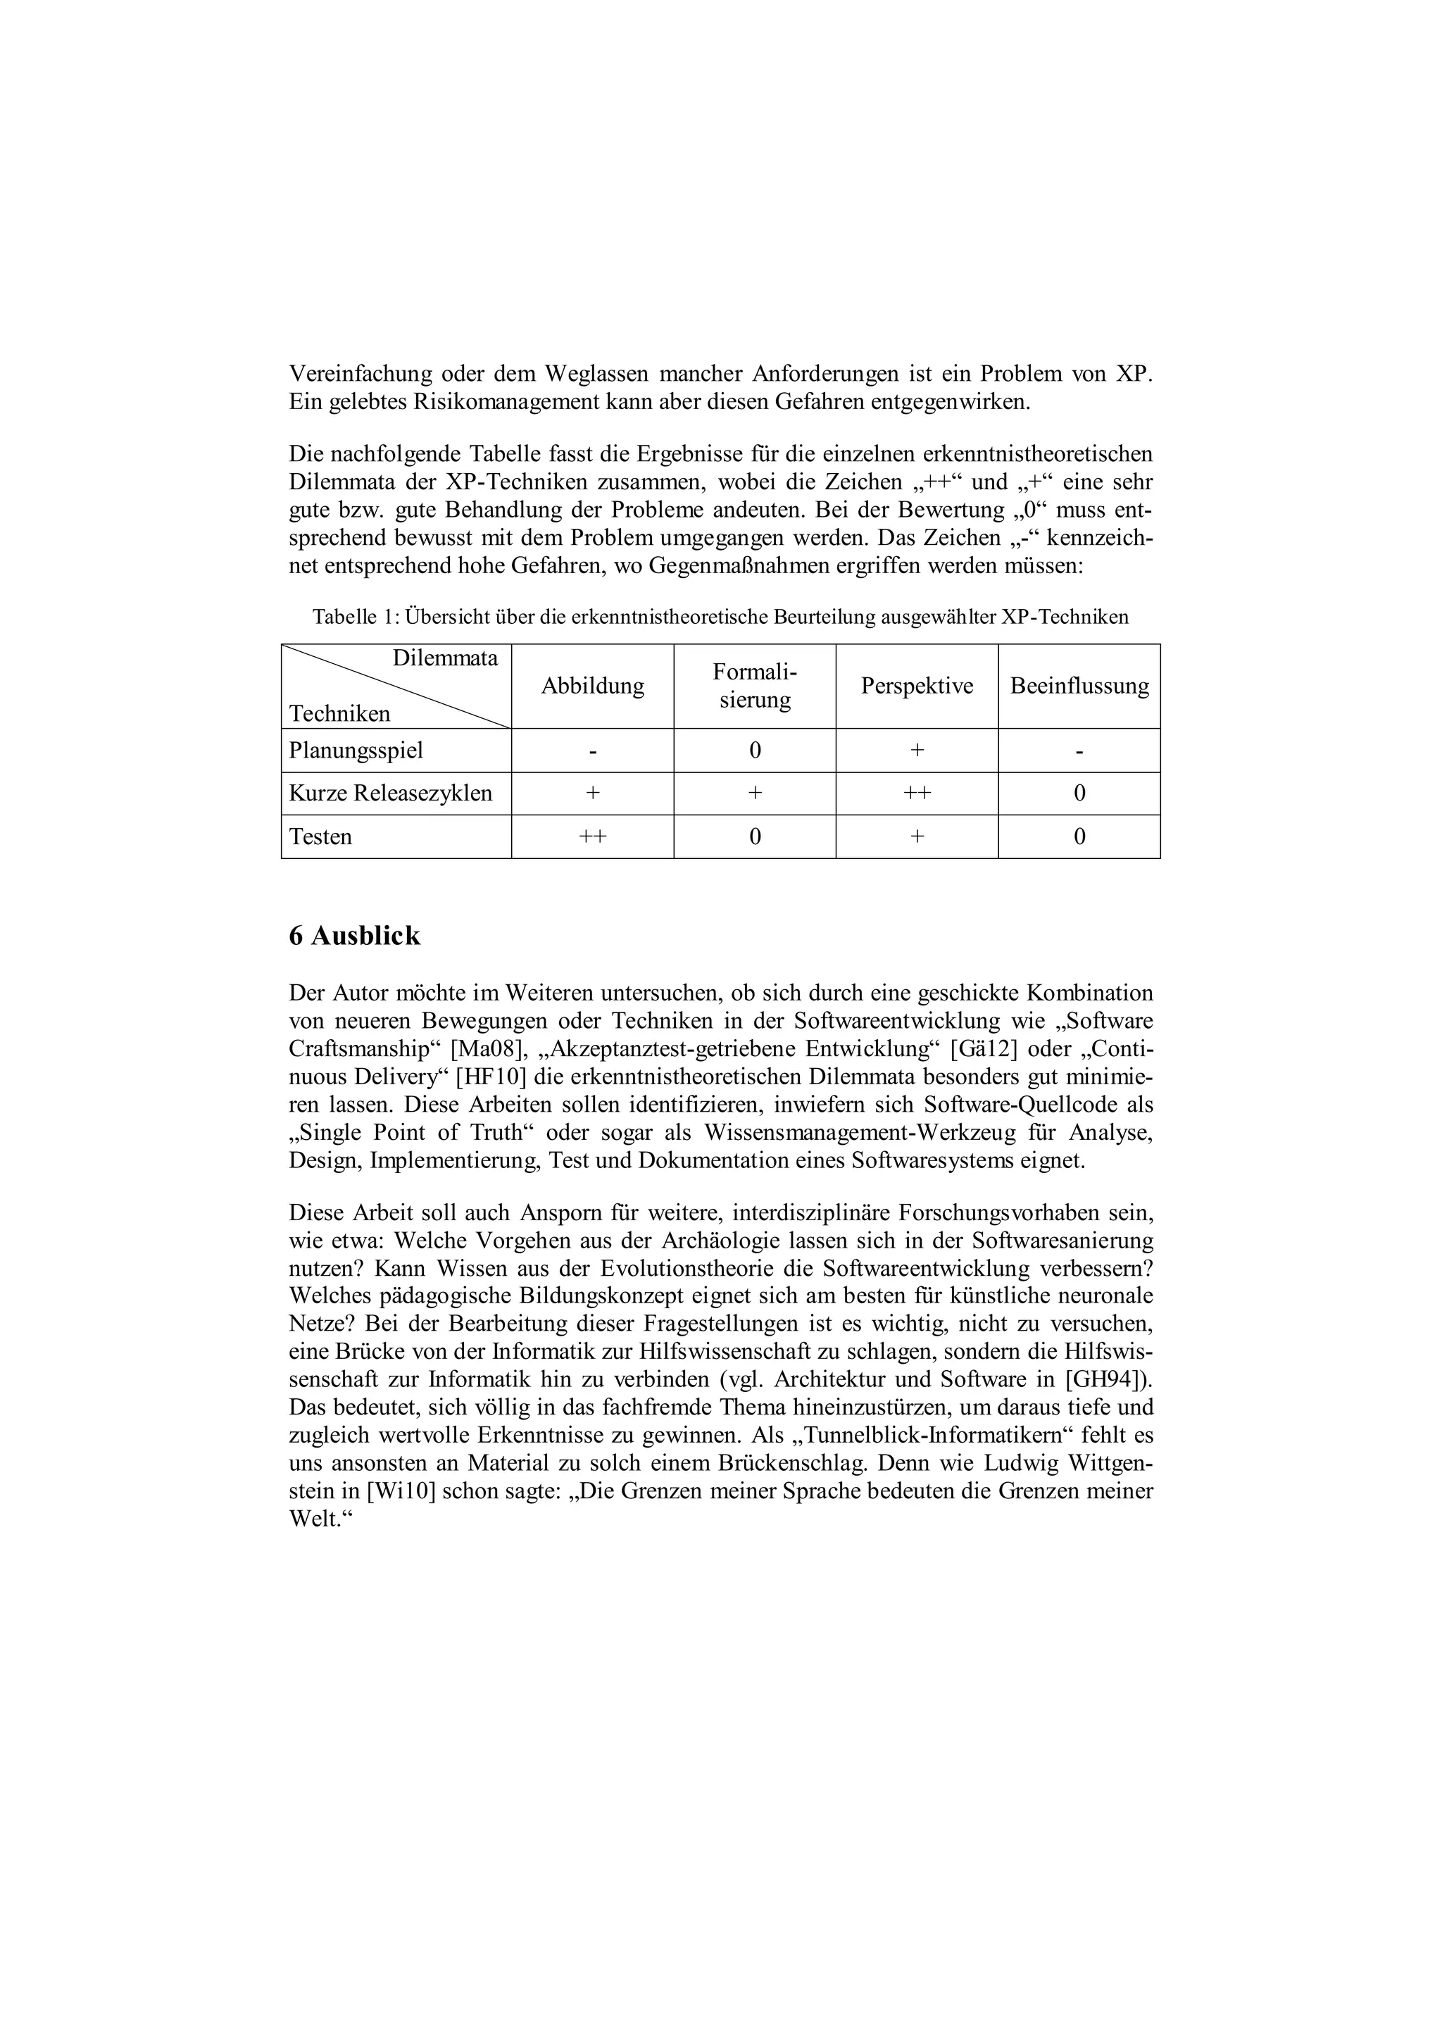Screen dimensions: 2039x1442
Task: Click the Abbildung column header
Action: [x=592, y=686]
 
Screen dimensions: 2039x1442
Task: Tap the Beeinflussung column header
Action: [x=1079, y=686]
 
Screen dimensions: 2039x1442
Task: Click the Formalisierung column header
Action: [x=754, y=686]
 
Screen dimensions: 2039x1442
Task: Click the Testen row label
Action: [x=320, y=836]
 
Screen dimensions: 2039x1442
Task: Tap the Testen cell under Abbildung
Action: [x=592, y=836]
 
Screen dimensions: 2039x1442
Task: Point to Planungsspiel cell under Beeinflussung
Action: [x=1079, y=751]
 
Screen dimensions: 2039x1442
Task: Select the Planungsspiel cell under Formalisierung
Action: [x=754, y=751]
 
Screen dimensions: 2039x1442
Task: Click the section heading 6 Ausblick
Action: [x=354, y=936]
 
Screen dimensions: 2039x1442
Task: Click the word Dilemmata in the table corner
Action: [x=445, y=658]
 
